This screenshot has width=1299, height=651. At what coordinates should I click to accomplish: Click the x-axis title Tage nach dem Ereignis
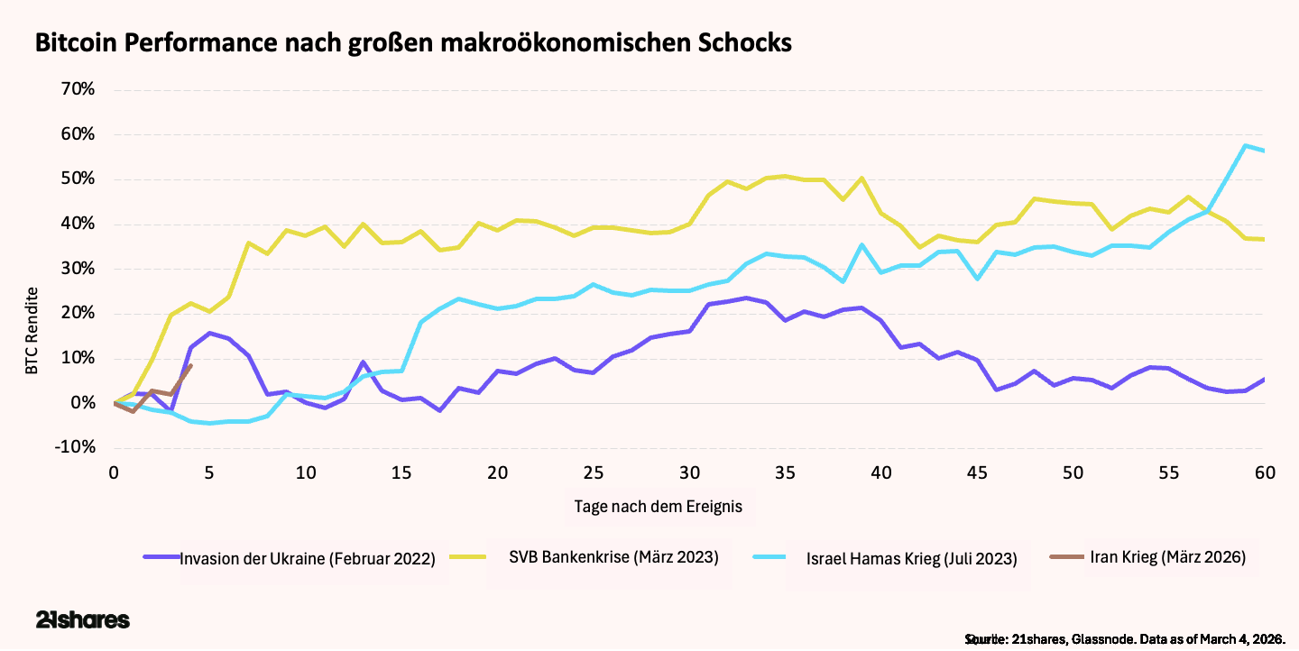658,506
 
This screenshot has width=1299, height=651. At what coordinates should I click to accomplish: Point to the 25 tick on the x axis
594,472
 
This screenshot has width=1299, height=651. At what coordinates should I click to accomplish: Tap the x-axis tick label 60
1264,472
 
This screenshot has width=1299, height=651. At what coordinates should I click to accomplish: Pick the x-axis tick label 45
977,472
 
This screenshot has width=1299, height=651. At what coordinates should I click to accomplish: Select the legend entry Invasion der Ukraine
308,558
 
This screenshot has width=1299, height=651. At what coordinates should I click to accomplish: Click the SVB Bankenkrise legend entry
613,556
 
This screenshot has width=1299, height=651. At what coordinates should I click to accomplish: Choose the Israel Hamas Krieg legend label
911,558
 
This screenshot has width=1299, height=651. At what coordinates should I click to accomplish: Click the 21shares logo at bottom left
83,620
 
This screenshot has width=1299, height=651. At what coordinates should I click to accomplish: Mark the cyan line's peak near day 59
1245,145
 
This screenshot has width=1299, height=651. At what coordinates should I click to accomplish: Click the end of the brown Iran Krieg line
190,364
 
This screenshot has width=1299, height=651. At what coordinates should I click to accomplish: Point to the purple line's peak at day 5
209,333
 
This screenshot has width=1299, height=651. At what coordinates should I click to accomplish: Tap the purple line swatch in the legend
161,557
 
